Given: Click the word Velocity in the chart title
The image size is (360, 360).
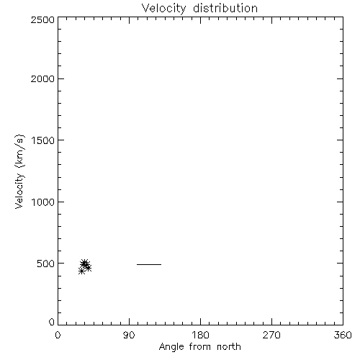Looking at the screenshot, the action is click(163, 9).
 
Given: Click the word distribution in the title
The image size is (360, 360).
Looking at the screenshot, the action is click(225, 8).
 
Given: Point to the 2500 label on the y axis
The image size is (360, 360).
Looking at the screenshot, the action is click(42, 19).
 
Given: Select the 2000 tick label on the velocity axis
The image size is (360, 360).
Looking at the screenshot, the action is click(42, 78).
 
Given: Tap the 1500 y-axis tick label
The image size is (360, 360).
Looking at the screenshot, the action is click(43, 140).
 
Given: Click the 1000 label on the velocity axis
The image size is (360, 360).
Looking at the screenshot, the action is click(43, 202).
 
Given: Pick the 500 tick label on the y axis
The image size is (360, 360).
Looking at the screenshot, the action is click(45, 264).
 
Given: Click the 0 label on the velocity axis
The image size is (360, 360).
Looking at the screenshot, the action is click(52, 322).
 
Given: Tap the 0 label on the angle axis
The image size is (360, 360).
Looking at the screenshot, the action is click(58, 335).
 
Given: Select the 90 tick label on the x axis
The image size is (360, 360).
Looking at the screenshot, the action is click(129, 335).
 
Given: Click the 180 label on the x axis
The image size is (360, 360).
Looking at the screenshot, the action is click(200, 335).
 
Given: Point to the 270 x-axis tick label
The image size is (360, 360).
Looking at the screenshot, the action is click(271, 335).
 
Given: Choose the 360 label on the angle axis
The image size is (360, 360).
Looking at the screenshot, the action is click(343, 335).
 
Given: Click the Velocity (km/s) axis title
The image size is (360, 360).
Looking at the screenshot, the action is click(19, 171).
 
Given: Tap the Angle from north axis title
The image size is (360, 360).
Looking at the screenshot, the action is click(200, 347).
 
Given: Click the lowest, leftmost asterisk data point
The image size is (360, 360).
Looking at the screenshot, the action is click(81, 271).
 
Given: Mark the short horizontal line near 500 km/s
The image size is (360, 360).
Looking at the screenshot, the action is click(149, 264).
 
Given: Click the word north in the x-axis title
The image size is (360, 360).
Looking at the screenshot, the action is click(229, 346).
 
